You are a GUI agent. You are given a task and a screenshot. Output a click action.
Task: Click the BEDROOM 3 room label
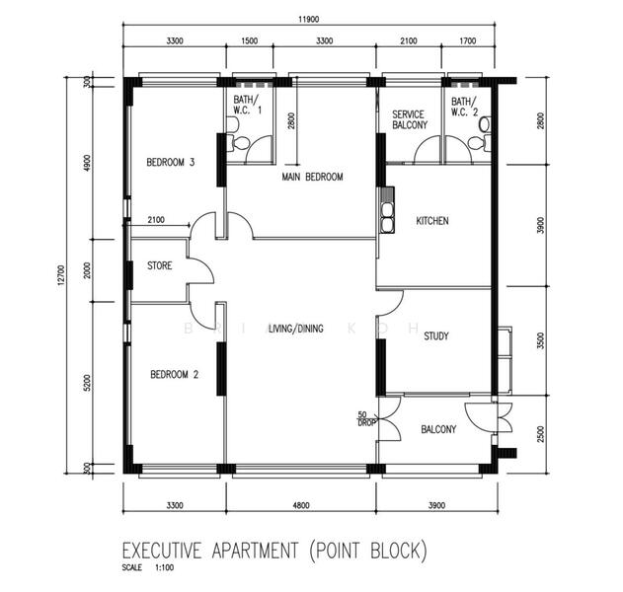tap(171, 162)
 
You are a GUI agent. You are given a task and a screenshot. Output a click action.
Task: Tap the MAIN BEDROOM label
tap(312, 177)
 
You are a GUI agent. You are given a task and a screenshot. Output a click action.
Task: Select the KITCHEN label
tap(432, 221)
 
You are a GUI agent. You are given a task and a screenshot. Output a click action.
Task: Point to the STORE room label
tap(160, 265)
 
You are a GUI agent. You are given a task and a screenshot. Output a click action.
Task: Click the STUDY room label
tap(436, 336)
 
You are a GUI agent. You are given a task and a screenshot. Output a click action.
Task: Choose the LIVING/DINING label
tap(296, 329)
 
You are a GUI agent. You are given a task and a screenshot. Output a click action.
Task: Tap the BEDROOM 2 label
tap(174, 374)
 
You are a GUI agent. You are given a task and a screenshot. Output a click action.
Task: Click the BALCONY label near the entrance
tap(438, 429)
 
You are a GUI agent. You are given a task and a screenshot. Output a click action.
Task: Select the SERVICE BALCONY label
tap(410, 119)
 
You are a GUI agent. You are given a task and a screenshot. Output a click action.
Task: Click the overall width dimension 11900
tap(309, 19)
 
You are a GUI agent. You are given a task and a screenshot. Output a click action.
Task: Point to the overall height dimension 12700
tap(61, 275)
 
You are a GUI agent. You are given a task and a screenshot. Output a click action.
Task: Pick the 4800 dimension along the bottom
tap(301, 505)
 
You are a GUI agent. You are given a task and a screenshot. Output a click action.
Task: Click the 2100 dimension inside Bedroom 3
tap(156, 220)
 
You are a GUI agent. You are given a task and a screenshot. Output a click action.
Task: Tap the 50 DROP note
tap(366, 419)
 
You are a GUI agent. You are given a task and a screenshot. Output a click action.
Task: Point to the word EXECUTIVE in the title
tap(162, 551)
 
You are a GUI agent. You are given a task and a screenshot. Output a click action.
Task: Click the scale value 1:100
tap(165, 567)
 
